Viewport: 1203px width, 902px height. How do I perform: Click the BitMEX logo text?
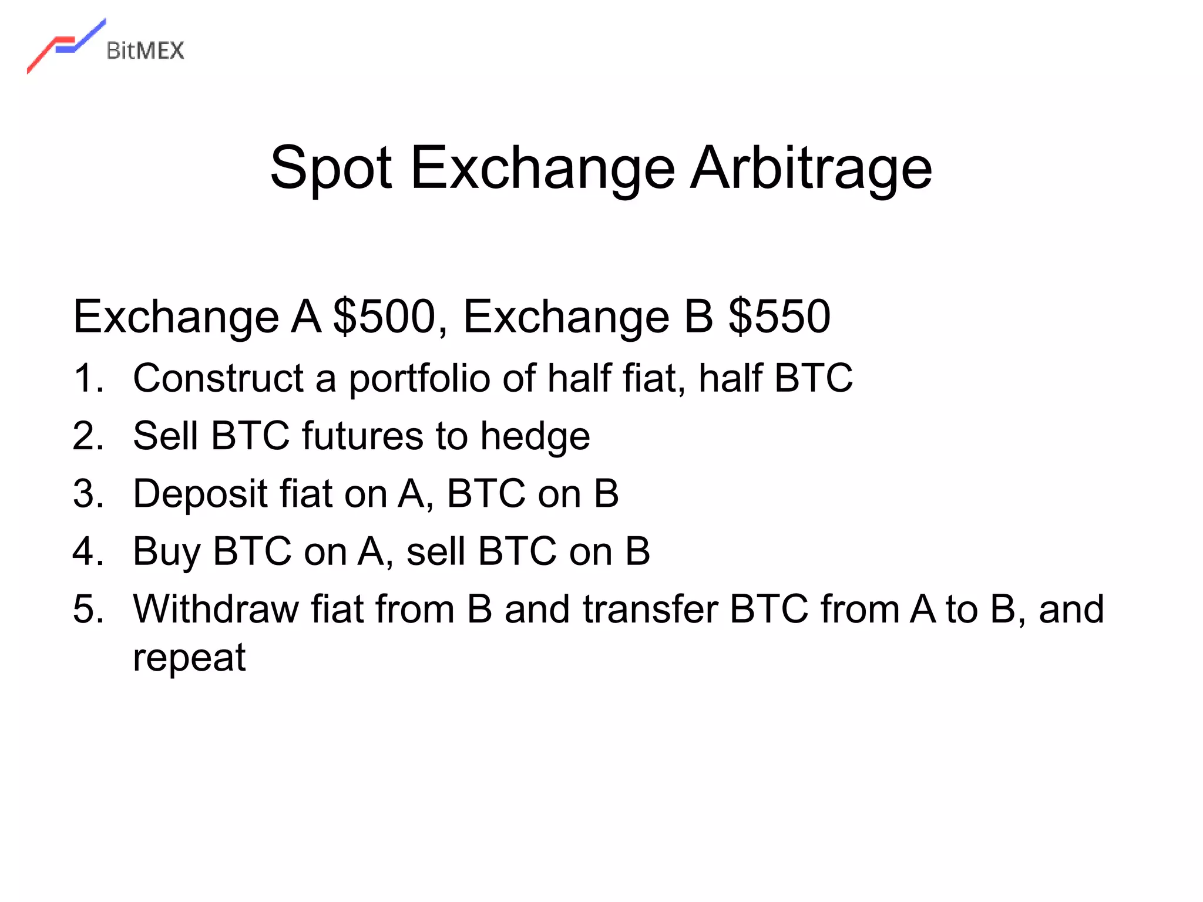tap(145, 51)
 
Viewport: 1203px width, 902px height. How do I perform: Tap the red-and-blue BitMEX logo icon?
tap(65, 46)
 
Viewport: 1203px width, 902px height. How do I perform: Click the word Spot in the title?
tap(331, 169)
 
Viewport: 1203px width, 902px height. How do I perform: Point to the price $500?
tap(384, 317)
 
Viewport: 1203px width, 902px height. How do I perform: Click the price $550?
tap(779, 317)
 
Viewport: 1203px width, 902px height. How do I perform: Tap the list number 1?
tap(88, 378)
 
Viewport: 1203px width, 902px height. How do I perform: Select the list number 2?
tap(88, 436)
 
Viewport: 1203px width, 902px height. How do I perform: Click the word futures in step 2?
tap(362, 436)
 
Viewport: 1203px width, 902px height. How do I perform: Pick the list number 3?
tap(88, 494)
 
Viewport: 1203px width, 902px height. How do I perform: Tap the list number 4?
tap(88, 551)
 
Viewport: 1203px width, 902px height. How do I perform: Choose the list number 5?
tap(88, 609)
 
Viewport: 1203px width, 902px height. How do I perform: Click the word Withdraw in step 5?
tap(216, 609)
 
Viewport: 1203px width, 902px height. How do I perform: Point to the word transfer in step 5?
tap(650, 609)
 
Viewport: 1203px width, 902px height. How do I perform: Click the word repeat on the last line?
tap(189, 658)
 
